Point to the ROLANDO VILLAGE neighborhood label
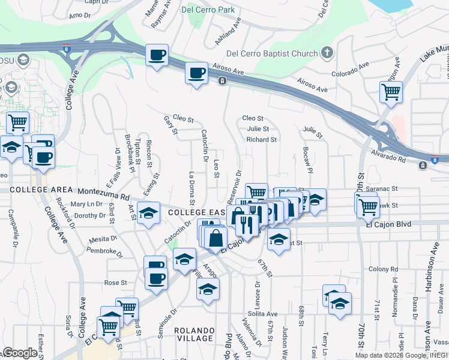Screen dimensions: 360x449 click(x=194, y=334)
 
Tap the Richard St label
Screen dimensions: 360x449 click(x=261, y=140)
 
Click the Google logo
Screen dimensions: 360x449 click(x=20, y=353)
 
